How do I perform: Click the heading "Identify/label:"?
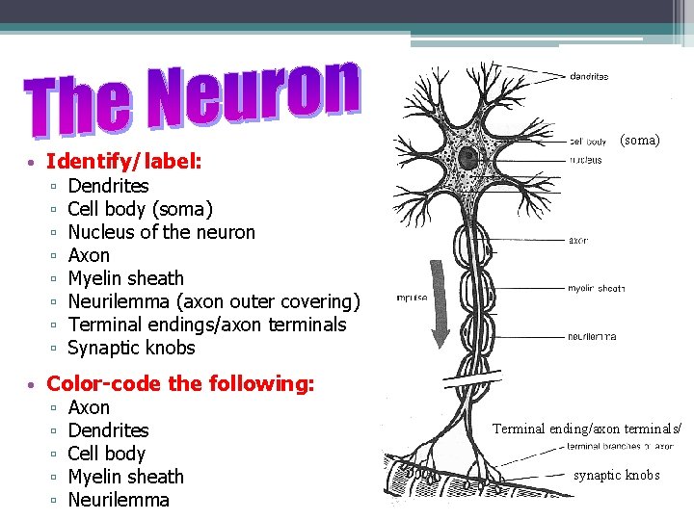[x=124, y=162]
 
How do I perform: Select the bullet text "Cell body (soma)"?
[x=141, y=209]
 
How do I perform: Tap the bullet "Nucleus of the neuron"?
[x=162, y=232]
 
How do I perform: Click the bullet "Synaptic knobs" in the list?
[x=132, y=348]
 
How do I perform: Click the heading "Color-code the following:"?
[x=180, y=383]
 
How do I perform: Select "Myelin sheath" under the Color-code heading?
[x=126, y=477]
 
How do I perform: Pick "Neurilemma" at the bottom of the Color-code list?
[x=119, y=500]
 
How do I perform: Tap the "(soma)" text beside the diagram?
[x=640, y=140]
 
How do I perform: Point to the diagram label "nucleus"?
[x=585, y=159]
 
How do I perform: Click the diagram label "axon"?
[x=578, y=241]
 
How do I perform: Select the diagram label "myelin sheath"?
[x=596, y=288]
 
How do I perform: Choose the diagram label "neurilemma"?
[x=593, y=337]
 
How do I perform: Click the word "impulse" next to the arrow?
[x=412, y=299]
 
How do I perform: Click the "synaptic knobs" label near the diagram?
[x=617, y=475]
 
